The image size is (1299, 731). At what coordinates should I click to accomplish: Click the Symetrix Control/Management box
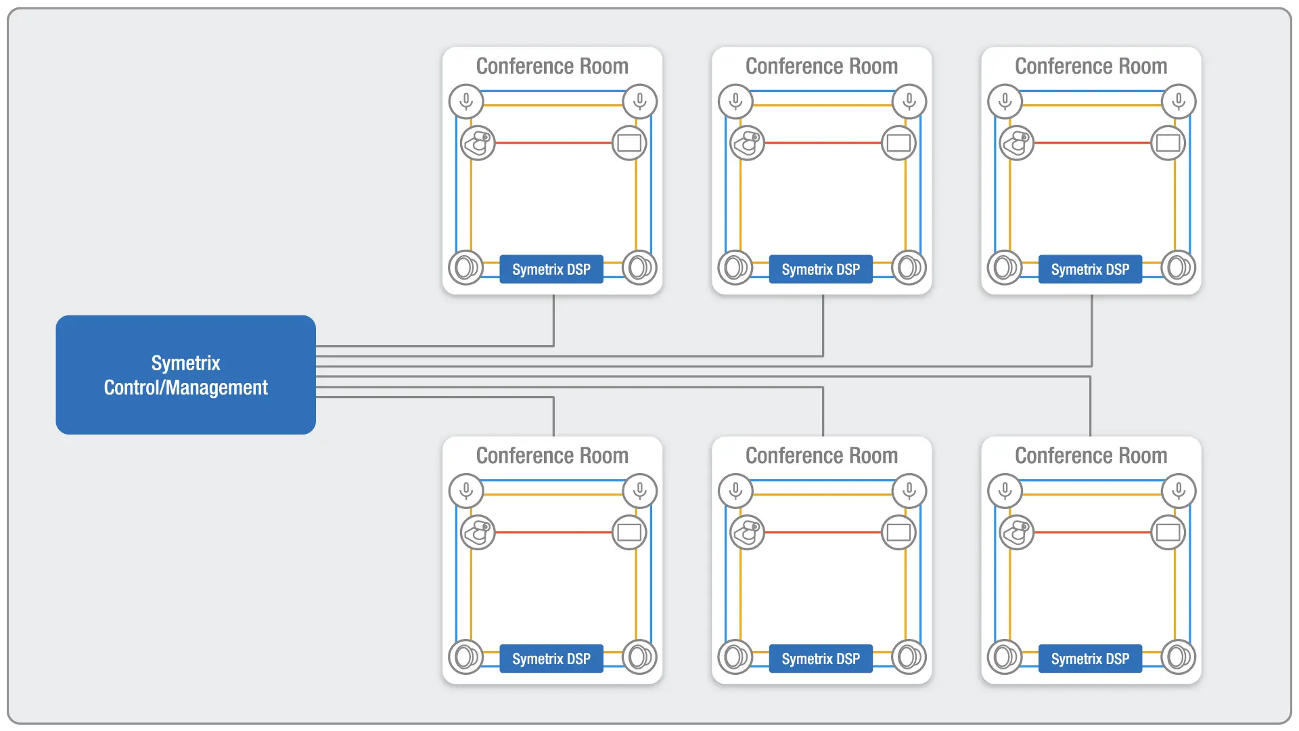tap(185, 375)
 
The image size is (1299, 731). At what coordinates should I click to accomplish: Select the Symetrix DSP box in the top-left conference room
tap(551, 269)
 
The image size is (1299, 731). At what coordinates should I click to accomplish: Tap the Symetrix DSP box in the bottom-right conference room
tap(1090, 659)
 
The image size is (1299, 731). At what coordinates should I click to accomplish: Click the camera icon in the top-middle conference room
tap(747, 143)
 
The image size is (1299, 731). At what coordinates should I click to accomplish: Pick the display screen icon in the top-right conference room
tap(1168, 143)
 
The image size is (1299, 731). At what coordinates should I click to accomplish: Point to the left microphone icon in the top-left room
tap(466, 102)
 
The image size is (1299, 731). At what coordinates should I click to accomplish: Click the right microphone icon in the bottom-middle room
tap(909, 491)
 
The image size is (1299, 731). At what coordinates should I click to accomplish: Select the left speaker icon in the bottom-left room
tap(465, 657)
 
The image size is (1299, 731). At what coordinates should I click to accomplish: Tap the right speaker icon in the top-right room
tap(1178, 267)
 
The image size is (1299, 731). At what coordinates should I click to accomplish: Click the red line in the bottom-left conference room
tap(553, 533)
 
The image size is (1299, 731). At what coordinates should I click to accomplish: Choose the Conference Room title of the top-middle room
tap(821, 66)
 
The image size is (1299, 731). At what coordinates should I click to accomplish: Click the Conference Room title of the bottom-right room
tap(1091, 456)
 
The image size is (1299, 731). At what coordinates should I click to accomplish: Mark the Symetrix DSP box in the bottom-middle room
tap(821, 659)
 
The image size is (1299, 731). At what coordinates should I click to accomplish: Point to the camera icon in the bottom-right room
tap(1016, 533)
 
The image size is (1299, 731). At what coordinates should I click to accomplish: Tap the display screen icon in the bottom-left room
tap(629, 533)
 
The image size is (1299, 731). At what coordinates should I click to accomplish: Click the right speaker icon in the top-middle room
tap(909, 267)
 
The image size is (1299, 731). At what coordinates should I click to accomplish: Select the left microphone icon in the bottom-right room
tap(1005, 491)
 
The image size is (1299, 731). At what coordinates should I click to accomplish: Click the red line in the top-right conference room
tap(1092, 143)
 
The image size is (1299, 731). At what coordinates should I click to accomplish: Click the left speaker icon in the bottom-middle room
tap(735, 657)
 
